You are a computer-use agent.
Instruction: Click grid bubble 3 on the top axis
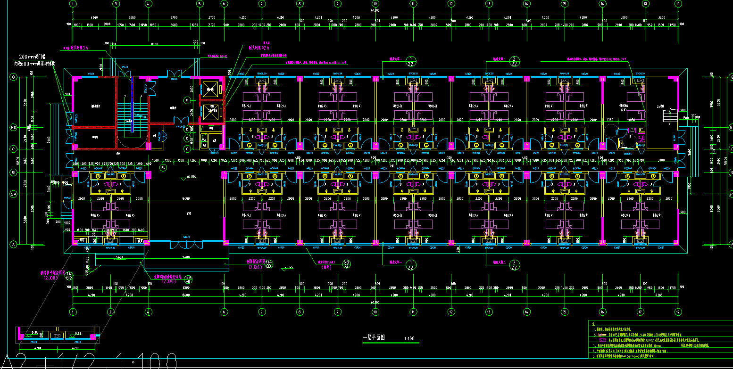[116, 4]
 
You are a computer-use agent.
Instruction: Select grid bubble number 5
[200, 4]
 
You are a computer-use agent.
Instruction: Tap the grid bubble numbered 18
[641, 4]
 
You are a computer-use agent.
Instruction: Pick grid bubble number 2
[110, 312]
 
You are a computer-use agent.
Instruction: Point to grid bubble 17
[640, 312]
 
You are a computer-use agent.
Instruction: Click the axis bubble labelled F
[187, 100]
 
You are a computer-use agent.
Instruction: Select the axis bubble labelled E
[187, 129]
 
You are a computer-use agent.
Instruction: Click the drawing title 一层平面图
[374, 338]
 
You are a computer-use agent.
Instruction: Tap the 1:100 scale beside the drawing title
[409, 338]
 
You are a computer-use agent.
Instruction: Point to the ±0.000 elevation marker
[192, 177]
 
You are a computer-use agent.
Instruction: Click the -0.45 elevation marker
[289, 268]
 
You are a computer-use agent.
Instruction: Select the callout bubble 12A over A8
[188, 279]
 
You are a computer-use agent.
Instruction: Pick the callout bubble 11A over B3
[270, 264]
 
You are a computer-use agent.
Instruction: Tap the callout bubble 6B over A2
[346, 264]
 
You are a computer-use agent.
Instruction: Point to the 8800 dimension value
[154, 44]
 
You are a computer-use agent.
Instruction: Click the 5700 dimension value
[158, 17]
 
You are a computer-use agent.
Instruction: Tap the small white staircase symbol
[668, 115]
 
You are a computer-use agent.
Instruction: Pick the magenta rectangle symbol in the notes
[602, 340]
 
